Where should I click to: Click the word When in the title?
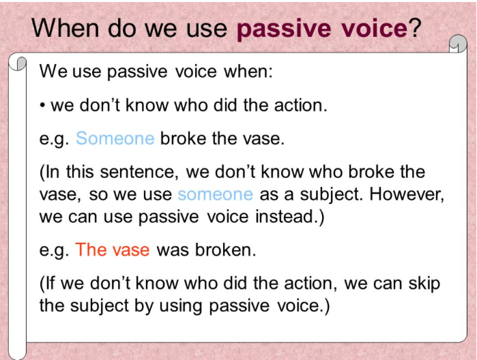click(x=65, y=28)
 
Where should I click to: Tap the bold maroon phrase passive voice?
click(x=321, y=29)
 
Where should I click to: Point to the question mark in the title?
click(x=415, y=28)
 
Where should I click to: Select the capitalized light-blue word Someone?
click(x=115, y=138)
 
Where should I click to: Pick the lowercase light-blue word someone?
click(x=215, y=194)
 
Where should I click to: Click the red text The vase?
click(x=113, y=250)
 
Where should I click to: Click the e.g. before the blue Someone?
click(x=55, y=139)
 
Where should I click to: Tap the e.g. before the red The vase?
click(x=55, y=250)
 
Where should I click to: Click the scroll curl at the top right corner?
click(x=459, y=45)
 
